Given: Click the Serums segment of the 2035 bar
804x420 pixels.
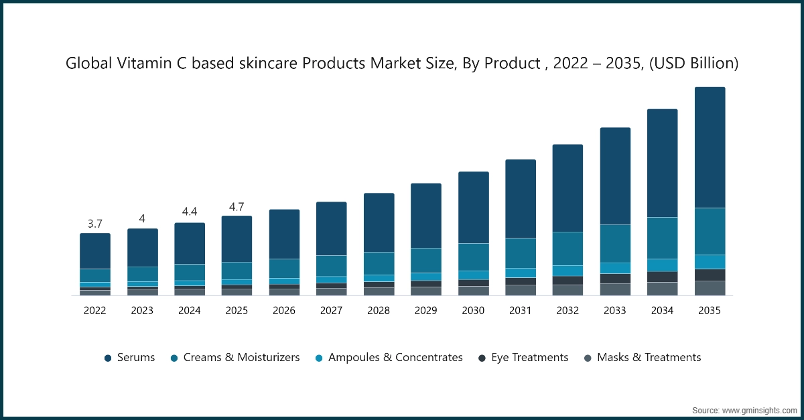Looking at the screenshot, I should click(x=710, y=147).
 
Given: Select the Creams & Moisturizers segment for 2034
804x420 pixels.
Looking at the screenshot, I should click(x=662, y=238).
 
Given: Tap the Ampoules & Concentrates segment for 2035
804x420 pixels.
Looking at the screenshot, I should click(x=710, y=262).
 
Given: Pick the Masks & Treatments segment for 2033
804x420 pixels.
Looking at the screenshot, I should click(x=615, y=289).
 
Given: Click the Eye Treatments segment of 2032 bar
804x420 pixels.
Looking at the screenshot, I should click(x=567, y=280).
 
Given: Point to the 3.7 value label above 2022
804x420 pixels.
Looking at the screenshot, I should click(x=95, y=223).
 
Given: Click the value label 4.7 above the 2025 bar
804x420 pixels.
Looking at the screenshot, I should click(x=237, y=206).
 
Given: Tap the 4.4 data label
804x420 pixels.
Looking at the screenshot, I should click(x=190, y=212).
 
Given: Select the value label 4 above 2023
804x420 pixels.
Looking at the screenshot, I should click(x=142, y=218).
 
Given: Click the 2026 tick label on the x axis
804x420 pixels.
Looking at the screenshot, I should click(x=284, y=311).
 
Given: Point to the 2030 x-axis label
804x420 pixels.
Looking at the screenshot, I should click(x=473, y=311).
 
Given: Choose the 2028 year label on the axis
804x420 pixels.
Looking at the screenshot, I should click(x=379, y=311).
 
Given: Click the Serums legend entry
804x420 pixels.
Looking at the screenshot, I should click(x=135, y=358).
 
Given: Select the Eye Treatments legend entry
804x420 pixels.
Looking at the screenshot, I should click(x=529, y=358).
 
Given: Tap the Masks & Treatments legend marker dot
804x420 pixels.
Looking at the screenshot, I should click(x=588, y=358).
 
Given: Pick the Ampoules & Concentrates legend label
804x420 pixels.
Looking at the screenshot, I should click(x=395, y=358).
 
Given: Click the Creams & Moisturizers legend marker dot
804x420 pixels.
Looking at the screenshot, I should click(x=174, y=358).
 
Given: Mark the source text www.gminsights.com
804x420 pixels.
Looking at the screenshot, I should click(x=759, y=409).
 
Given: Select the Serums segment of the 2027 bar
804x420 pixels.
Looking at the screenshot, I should click(x=331, y=228).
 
